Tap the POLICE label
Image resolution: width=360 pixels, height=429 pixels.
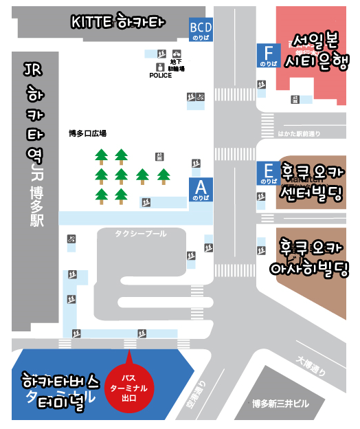pyautogui.click(x=160, y=76)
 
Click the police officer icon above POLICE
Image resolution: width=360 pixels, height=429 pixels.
pyautogui.click(x=160, y=67)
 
